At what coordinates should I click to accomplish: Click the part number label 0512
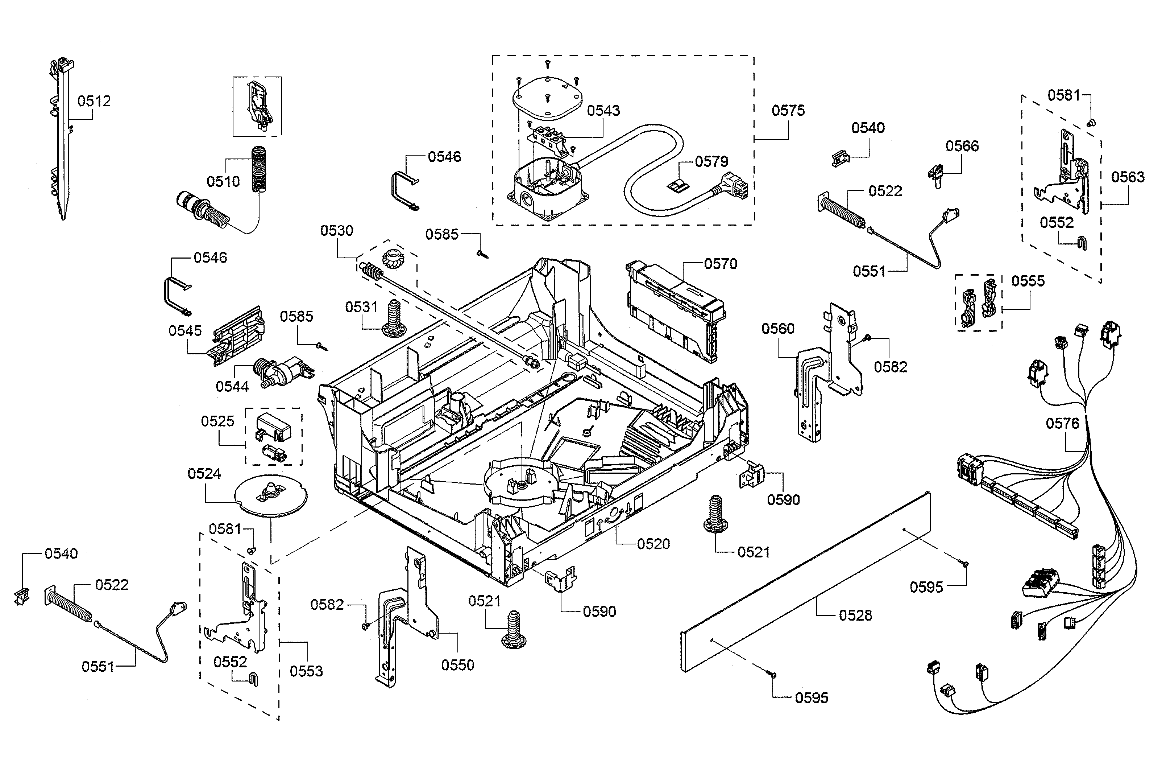click(x=94, y=101)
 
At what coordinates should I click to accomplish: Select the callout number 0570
click(x=720, y=264)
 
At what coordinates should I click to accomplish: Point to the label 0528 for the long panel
click(x=855, y=615)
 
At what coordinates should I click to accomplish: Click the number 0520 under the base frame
click(x=653, y=544)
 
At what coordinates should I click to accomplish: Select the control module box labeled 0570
click(x=676, y=310)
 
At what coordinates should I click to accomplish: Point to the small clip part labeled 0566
click(x=935, y=175)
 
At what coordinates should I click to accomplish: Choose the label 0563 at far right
click(x=1128, y=177)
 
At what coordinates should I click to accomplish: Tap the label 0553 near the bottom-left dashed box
click(x=306, y=671)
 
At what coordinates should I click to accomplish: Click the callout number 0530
click(x=336, y=231)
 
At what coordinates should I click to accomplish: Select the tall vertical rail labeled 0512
click(x=62, y=142)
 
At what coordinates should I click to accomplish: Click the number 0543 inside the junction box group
click(x=603, y=111)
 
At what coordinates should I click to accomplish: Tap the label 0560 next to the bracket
click(x=778, y=329)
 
